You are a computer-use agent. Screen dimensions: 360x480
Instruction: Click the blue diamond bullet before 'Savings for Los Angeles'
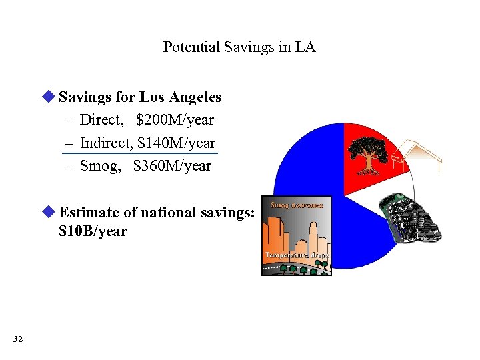[x=49, y=97]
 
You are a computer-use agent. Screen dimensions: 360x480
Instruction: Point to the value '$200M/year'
[x=175, y=120]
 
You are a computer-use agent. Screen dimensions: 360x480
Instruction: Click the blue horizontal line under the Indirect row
[x=140, y=154]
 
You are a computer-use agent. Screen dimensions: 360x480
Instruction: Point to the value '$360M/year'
[x=172, y=165]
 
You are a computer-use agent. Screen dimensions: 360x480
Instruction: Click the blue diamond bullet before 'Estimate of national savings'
[x=49, y=212]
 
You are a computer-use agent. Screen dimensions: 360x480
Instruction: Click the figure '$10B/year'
[x=93, y=231]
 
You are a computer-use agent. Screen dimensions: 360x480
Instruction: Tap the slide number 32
[x=17, y=340]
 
